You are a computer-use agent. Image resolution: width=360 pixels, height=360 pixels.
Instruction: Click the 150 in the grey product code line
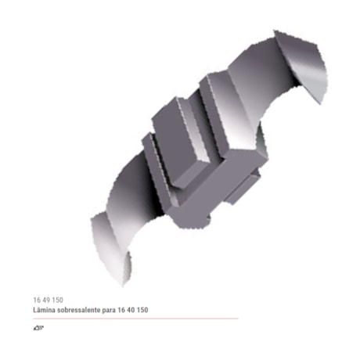(x=60, y=301)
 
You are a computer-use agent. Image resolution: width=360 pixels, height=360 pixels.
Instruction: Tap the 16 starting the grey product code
(x=37, y=301)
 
